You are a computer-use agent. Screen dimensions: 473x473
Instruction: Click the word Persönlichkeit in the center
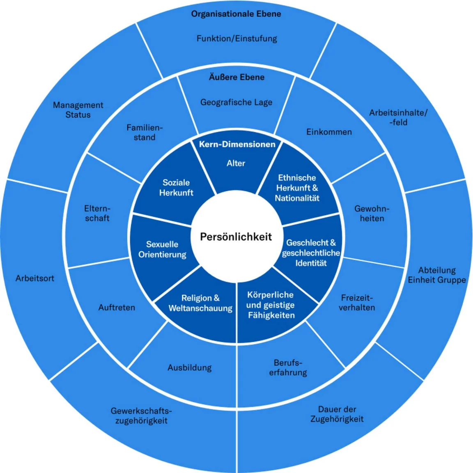click(236, 236)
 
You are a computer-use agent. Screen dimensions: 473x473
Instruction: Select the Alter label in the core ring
click(236, 163)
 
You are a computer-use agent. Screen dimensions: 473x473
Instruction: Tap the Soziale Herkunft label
click(176, 187)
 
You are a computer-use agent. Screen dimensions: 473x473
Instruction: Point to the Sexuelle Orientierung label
click(162, 249)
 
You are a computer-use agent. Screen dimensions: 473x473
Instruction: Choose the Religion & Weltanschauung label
click(200, 303)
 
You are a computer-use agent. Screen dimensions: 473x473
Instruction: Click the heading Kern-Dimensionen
click(237, 144)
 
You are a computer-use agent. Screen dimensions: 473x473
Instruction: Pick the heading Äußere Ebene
click(236, 77)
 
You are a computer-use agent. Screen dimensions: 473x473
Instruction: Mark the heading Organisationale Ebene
click(236, 14)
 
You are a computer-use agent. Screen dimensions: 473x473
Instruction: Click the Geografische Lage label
click(236, 102)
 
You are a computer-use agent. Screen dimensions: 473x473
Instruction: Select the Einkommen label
click(329, 132)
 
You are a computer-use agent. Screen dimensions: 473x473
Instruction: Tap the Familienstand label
click(145, 132)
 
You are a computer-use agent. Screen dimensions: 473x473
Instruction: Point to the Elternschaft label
click(97, 213)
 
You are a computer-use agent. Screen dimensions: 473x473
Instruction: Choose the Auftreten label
click(117, 307)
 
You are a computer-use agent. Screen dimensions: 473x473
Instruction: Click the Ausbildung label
click(189, 367)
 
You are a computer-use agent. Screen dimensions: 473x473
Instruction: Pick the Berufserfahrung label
click(288, 367)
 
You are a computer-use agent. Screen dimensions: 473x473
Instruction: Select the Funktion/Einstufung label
click(236, 39)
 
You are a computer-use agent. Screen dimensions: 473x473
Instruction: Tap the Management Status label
click(78, 110)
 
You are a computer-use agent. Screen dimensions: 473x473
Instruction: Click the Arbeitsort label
click(35, 278)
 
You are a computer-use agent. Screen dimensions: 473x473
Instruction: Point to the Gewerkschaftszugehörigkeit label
click(141, 415)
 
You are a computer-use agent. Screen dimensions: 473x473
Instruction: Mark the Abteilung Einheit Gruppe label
click(437, 275)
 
